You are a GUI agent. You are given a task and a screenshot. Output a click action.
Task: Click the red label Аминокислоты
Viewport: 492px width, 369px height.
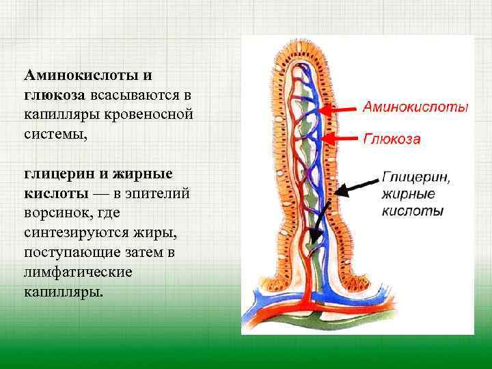coord(415,108)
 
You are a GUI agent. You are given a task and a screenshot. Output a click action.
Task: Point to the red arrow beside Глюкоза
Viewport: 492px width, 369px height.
coord(338,139)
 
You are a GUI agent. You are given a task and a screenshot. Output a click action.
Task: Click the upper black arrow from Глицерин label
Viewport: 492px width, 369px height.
coord(355,185)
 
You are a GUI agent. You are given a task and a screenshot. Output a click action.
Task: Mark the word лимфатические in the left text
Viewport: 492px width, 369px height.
coord(79,271)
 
